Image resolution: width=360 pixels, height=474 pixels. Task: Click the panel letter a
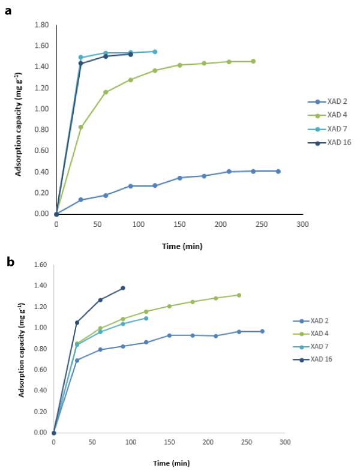[x=8, y=11]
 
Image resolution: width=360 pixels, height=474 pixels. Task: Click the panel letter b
[x=8, y=245]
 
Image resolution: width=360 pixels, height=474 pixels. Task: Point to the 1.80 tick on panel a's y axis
[x=42, y=25]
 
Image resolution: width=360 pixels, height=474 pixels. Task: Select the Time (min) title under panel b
[x=170, y=463]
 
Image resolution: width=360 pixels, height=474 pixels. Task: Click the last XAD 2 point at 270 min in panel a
[x=278, y=171]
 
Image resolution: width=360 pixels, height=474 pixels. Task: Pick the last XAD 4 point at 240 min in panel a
[x=253, y=61]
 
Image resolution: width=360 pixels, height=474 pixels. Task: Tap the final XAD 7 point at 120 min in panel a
[x=155, y=52]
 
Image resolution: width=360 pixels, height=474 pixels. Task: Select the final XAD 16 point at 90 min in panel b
[x=123, y=288]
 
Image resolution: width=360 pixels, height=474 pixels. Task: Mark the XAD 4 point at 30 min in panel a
[x=81, y=127]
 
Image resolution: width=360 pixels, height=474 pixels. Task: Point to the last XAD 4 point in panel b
[x=239, y=295]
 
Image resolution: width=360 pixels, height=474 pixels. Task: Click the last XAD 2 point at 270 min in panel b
[x=262, y=331]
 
